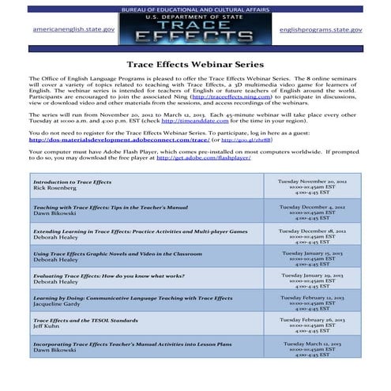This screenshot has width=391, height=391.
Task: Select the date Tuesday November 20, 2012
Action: click(x=312, y=181)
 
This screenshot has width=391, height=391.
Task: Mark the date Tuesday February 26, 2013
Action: click(x=312, y=321)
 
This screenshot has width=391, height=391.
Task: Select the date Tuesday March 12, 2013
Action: click(x=312, y=344)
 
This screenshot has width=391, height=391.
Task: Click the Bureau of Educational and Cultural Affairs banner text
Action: click(x=195, y=7)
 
